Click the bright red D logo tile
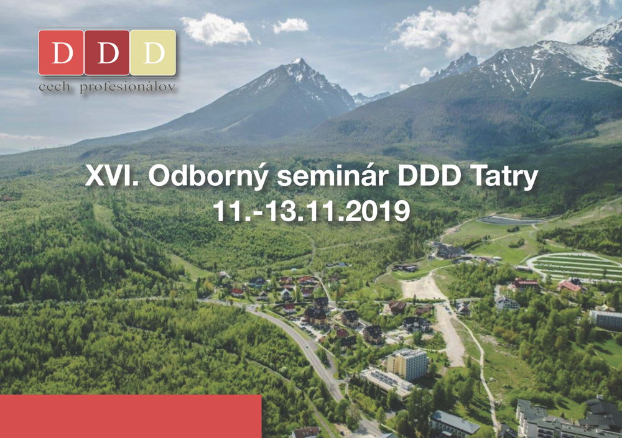pyautogui.click(x=61, y=53)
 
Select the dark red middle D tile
pyautogui.click(x=107, y=53)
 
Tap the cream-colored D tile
pyautogui.click(x=153, y=53)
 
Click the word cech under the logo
pyautogui.click(x=54, y=86)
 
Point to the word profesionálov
pyautogui.click(x=128, y=87)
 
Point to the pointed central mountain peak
pyautogui.click(x=299, y=62)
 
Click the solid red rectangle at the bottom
pyautogui.click(x=131, y=416)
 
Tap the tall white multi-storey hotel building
pyautogui.click(x=407, y=363)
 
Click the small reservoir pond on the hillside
pyautogui.click(x=510, y=221)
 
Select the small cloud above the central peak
pyautogui.click(x=290, y=25)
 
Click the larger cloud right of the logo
pyautogui.click(x=216, y=29)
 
